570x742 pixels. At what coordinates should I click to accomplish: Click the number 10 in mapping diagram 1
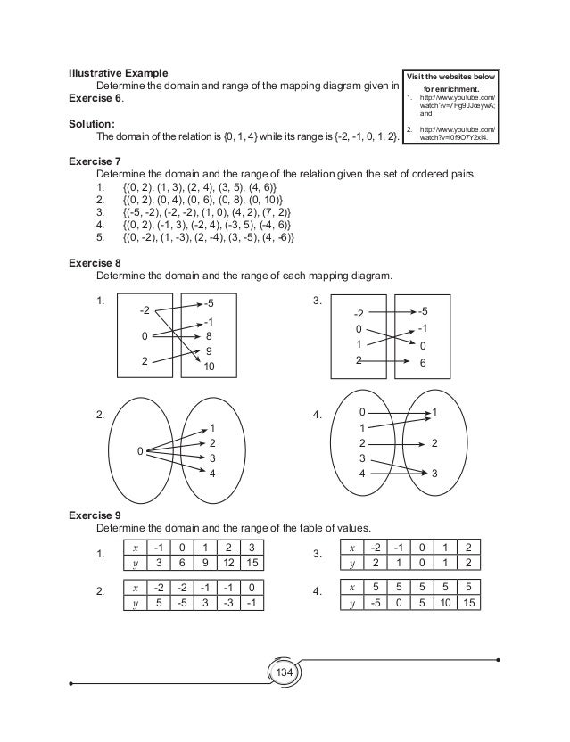210,367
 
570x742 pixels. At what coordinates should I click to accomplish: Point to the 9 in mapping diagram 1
208,351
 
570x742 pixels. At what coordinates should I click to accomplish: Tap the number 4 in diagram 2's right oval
212,473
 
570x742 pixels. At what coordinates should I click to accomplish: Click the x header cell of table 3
352,546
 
